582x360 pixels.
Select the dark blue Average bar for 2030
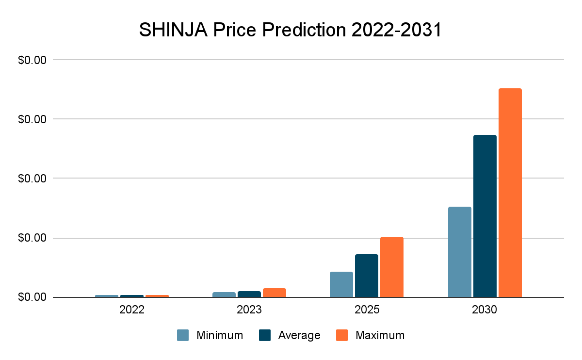pos(485,216)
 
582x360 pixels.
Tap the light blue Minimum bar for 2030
pos(459,252)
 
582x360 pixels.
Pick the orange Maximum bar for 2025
pos(391,267)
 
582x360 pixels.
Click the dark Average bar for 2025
pos(366,276)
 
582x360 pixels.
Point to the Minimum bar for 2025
pos(341,284)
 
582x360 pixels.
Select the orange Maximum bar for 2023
pos(274,293)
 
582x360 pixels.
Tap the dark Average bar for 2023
pos(249,294)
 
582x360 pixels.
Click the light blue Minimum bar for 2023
pos(224,295)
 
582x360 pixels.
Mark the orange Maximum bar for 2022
pos(157,296)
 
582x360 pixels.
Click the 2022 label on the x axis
pos(131,310)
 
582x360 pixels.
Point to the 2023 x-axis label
pos(249,310)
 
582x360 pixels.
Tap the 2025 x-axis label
pos(366,310)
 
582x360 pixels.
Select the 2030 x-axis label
pos(485,310)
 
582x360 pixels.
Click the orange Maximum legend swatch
pos(342,335)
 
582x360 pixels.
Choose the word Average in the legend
pos(299,335)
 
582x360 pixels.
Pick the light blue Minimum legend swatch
pos(183,335)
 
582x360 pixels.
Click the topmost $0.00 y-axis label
pos(32,60)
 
